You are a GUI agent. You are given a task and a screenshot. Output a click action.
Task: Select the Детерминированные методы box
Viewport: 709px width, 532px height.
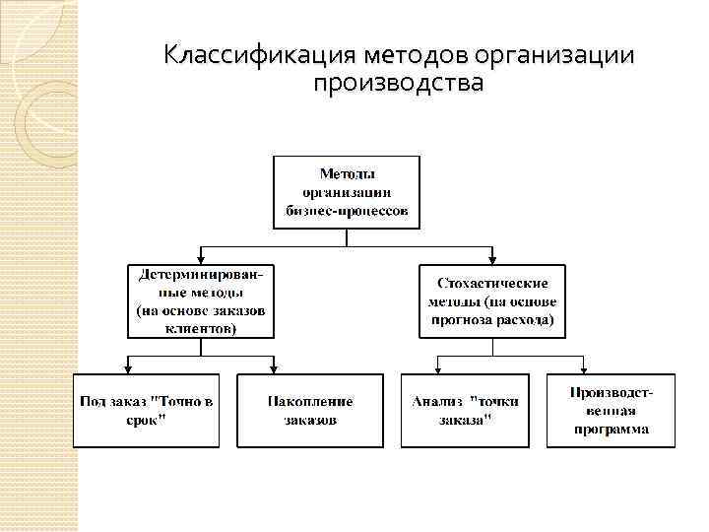[201, 299]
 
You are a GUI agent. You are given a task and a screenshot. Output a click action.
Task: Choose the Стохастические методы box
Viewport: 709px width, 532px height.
[492, 299]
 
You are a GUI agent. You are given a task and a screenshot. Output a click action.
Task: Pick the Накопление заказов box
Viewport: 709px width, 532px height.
[309, 411]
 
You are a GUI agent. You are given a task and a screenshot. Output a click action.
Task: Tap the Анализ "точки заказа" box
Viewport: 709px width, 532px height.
[466, 411]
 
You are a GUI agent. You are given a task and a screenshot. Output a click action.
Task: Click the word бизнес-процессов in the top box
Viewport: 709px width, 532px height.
[346, 211]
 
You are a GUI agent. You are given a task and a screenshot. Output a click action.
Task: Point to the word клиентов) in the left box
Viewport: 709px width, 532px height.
[201, 329]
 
